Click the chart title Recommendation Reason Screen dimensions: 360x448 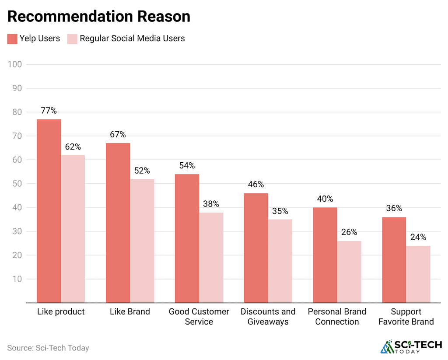tap(99, 16)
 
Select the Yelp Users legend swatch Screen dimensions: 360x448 tap(12, 39)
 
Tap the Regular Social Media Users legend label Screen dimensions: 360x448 tap(132, 38)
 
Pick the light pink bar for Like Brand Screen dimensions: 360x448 tap(142, 241)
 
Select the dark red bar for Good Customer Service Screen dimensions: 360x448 tap(187, 238)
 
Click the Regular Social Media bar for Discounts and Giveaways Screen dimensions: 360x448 tap(280, 261)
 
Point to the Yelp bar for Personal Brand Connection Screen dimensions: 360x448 tap(325, 255)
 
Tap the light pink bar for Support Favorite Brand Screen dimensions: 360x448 tap(418, 274)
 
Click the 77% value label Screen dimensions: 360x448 tap(49, 111)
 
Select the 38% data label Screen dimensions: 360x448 tap(211, 204)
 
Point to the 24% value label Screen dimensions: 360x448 tap(418, 237)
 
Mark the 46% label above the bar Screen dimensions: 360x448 tap(256, 185)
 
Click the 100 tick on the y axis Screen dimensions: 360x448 tap(15, 64)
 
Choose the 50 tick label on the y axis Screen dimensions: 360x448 tap(17, 184)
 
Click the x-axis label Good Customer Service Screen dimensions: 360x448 tap(199, 317)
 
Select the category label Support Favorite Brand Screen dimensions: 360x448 tap(406, 317)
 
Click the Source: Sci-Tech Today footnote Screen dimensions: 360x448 tap(48, 348)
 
